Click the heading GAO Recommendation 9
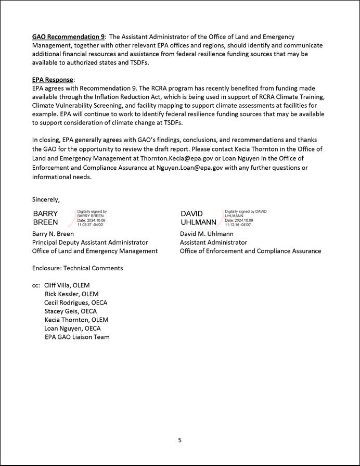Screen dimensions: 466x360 point(68,37)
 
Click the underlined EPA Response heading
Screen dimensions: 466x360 point(53,80)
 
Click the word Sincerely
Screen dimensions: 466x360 point(46,199)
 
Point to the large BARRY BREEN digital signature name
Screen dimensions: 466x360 point(46,218)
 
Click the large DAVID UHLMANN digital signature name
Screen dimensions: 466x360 point(198,218)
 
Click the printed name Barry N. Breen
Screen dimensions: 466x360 point(53,234)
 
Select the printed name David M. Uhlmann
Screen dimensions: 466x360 point(207,234)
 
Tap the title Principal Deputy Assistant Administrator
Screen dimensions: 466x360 point(90,242)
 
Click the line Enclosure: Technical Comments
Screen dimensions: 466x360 point(78,268)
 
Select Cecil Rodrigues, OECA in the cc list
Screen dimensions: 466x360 point(76,303)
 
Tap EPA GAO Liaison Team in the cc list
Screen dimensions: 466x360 point(77,337)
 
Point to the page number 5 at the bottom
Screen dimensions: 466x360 point(180,440)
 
